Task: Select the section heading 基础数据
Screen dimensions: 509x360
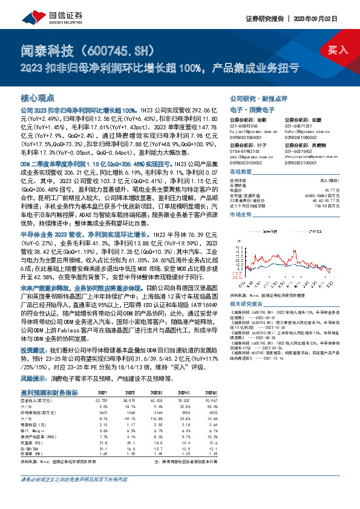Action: (x=242, y=172)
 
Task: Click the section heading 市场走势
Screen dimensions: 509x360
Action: (x=242, y=215)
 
